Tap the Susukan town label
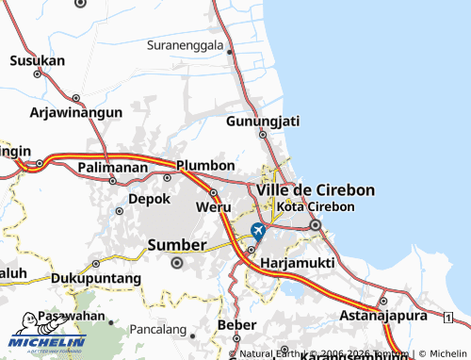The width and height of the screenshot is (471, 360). pos(37,60)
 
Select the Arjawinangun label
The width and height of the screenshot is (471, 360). pos(76,112)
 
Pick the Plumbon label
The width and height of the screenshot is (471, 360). pos(205,165)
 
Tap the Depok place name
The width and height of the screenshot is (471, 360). pos(149,199)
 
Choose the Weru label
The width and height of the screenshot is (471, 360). pos(213,206)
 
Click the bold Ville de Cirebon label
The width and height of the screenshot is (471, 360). pos(315,189)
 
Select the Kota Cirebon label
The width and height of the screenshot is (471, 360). pos(317,206)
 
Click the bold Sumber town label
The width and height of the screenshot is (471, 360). pos(177,245)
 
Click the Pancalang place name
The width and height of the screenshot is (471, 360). pos(160,332)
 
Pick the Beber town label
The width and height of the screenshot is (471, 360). pos(235,324)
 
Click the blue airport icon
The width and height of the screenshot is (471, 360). pos(258,231)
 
